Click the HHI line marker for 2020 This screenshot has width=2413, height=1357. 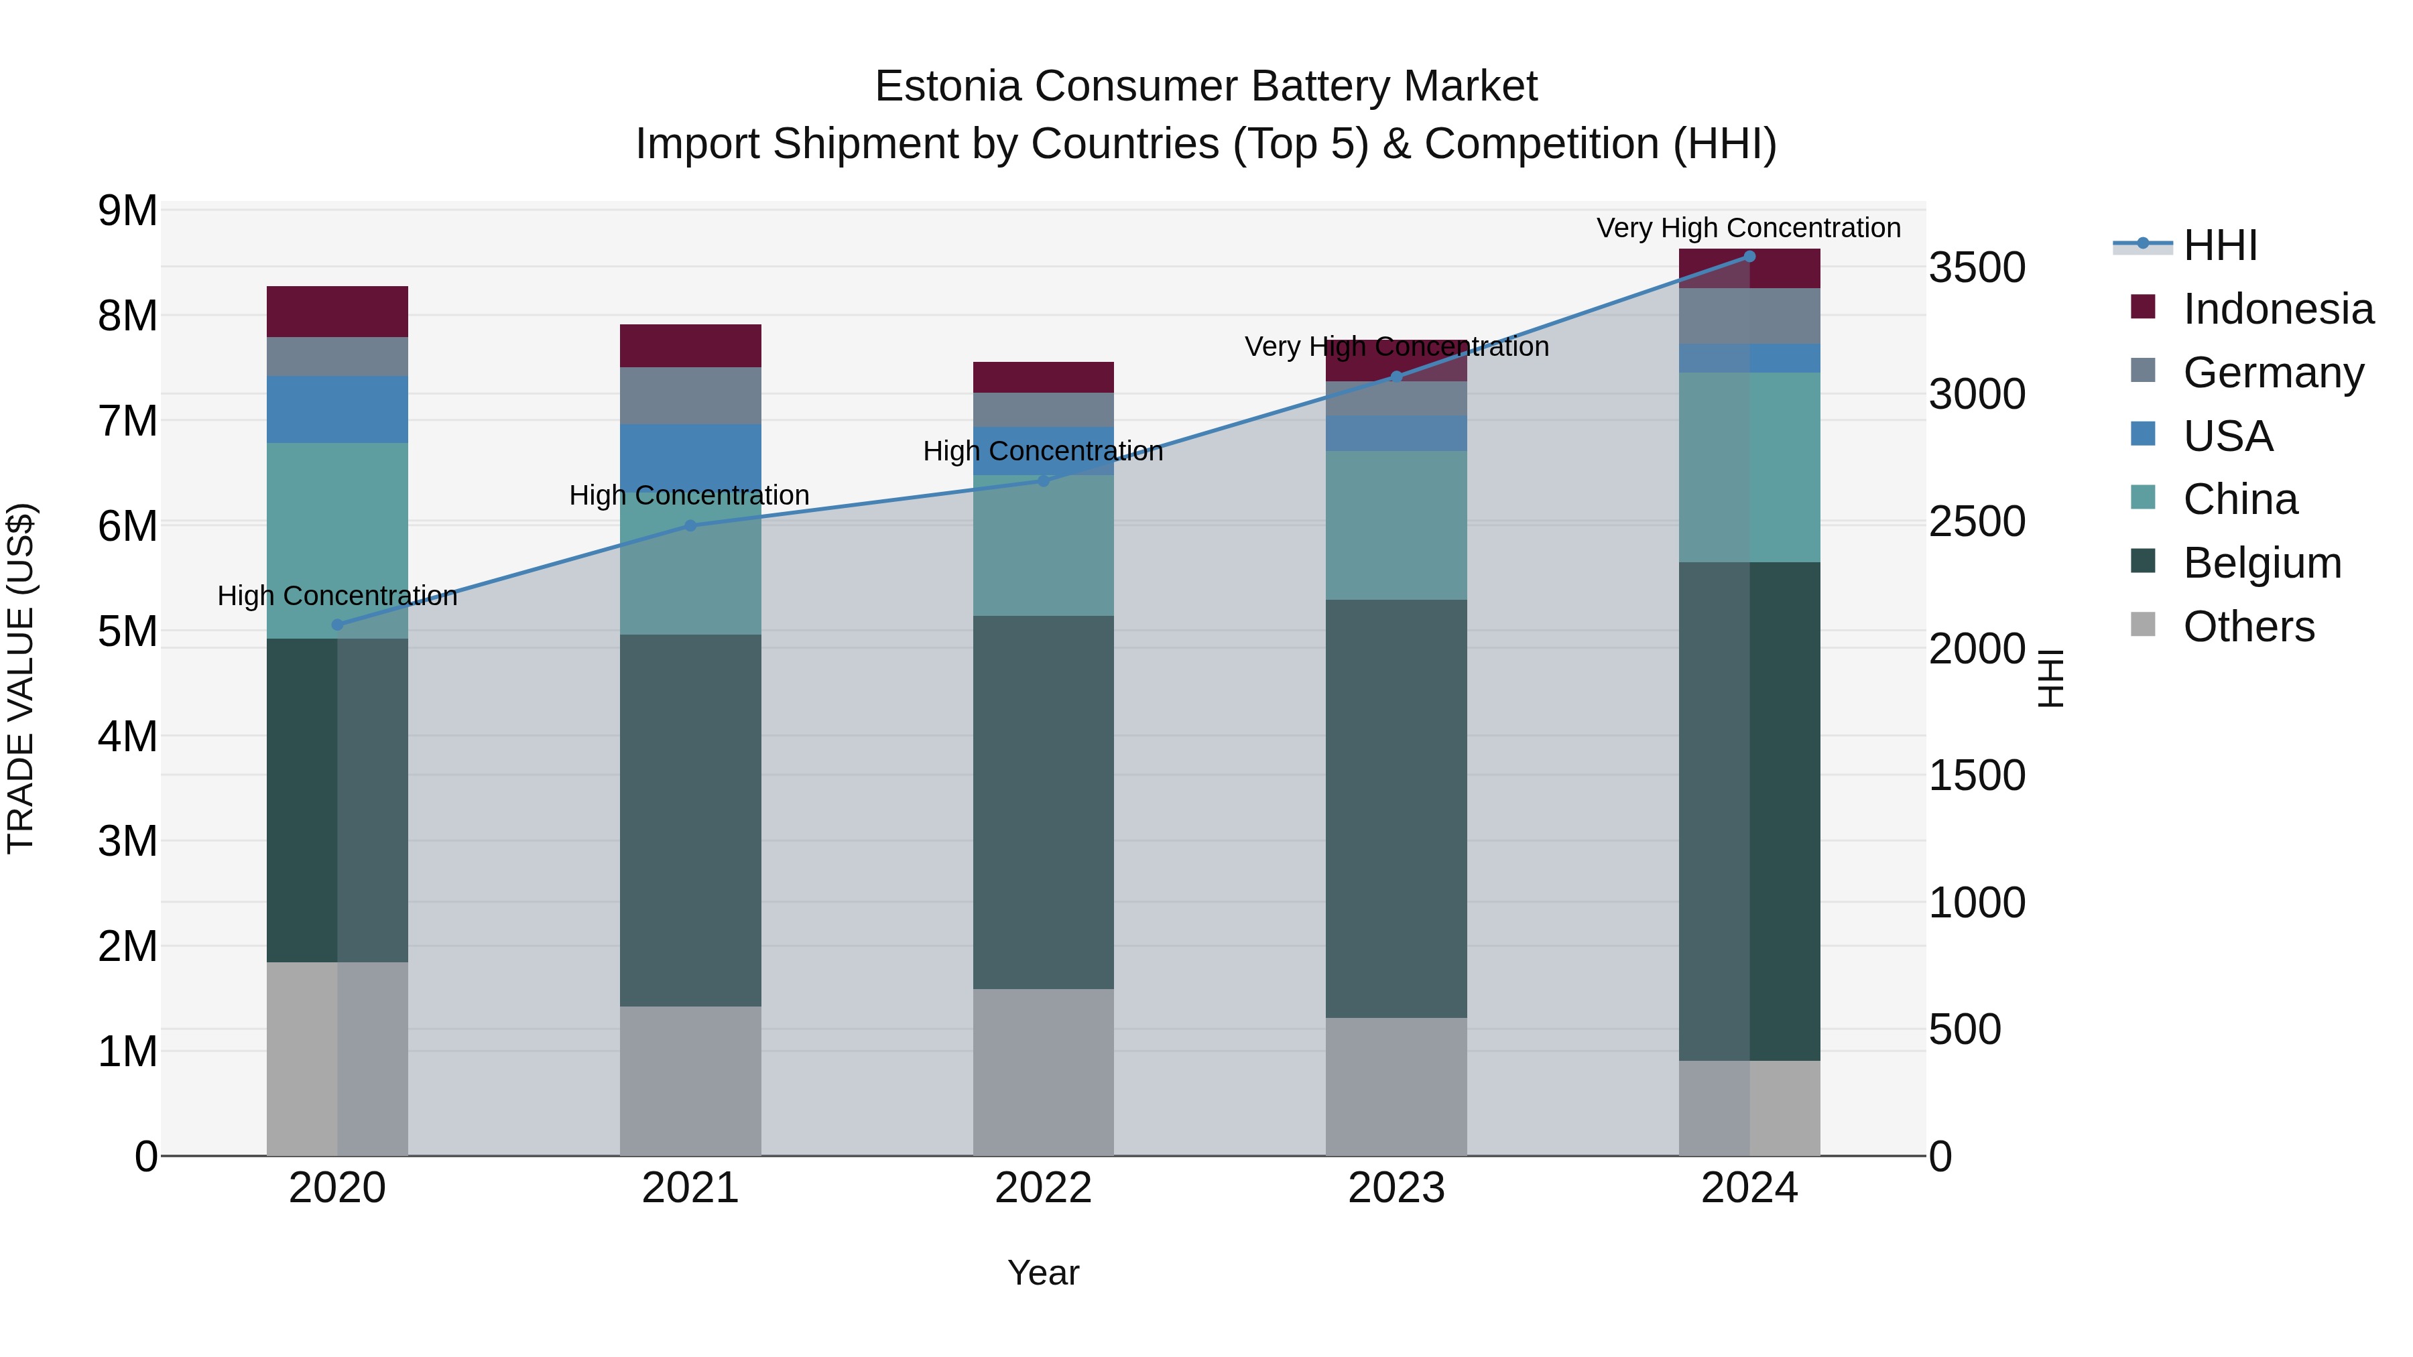(x=337, y=625)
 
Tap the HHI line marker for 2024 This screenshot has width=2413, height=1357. (x=1749, y=257)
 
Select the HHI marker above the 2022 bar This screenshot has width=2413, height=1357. (x=1044, y=480)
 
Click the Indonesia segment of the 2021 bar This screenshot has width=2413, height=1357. (x=690, y=346)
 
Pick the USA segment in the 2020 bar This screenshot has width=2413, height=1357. (x=337, y=409)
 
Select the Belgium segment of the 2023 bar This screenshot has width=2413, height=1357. (x=1396, y=808)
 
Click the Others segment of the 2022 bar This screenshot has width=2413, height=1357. (x=1044, y=1072)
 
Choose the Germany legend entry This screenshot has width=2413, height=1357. (x=2272, y=373)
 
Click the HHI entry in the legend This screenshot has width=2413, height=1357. (x=2219, y=245)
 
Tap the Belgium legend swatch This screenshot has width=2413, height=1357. (x=2142, y=562)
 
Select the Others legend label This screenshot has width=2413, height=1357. (x=2248, y=627)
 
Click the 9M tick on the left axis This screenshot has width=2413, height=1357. (x=128, y=210)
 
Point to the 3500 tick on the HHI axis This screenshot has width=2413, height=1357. (x=1977, y=268)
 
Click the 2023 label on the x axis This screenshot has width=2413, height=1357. (x=1396, y=1188)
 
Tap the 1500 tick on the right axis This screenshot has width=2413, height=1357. (x=1977, y=775)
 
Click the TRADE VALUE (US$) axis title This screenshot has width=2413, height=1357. (x=21, y=678)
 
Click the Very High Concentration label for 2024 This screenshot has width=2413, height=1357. (x=1748, y=228)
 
